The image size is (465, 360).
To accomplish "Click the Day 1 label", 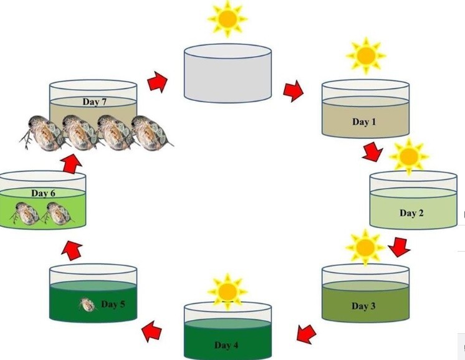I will point(364,122).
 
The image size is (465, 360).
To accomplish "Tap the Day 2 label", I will point(411,214).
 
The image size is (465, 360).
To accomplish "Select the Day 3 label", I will point(364,306).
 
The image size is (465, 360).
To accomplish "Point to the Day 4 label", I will point(227,345).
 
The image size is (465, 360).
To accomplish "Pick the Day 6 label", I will point(44,194).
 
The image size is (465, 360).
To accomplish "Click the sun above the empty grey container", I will point(227,19).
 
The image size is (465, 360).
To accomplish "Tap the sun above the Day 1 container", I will point(365,55).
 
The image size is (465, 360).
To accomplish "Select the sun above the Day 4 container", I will point(228,290).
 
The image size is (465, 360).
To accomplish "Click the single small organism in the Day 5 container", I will point(88,305).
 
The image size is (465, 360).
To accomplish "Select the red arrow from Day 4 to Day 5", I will point(152,330).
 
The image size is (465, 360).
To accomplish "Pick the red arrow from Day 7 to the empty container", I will point(158,82).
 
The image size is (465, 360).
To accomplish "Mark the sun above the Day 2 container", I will point(409,156).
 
